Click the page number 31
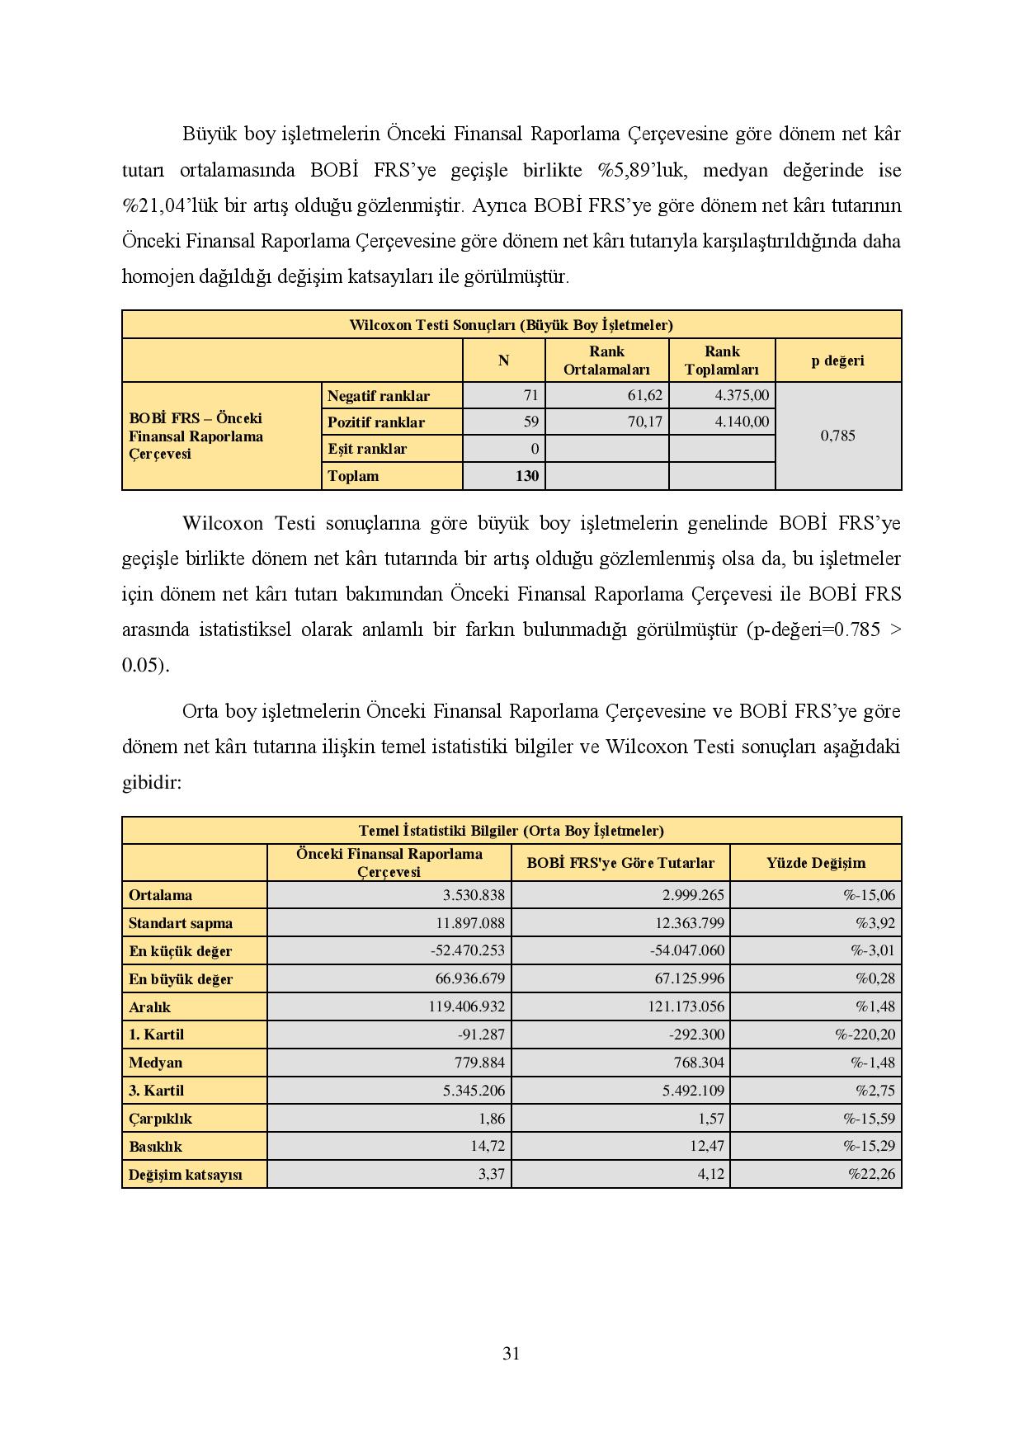coord(511,1353)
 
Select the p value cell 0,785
coord(837,436)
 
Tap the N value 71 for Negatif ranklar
coord(530,395)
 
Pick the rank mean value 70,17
coord(644,422)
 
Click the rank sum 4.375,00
coord(742,395)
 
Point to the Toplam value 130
coord(526,475)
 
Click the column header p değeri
coord(837,361)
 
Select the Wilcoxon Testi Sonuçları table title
coord(511,324)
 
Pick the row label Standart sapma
coord(181,923)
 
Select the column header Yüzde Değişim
coord(815,863)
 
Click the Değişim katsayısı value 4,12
coord(711,1174)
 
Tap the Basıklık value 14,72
coord(491,1146)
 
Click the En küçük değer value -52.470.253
coord(467,950)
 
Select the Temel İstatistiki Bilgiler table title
coord(511,831)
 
